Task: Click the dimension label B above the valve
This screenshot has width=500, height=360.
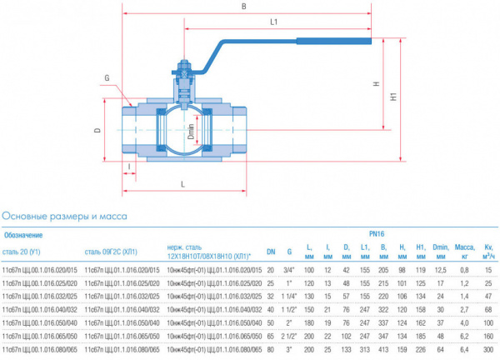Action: [243, 7]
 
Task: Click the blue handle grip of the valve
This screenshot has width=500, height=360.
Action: [334, 40]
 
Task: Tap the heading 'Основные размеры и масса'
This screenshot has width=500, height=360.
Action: [65, 216]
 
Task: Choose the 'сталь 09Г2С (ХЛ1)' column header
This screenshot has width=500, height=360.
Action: [111, 251]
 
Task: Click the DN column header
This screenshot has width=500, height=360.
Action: [271, 251]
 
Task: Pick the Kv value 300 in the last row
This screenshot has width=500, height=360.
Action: [487, 350]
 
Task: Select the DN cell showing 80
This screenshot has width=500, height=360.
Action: [271, 350]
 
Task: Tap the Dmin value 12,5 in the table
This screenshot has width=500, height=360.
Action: [440, 270]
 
